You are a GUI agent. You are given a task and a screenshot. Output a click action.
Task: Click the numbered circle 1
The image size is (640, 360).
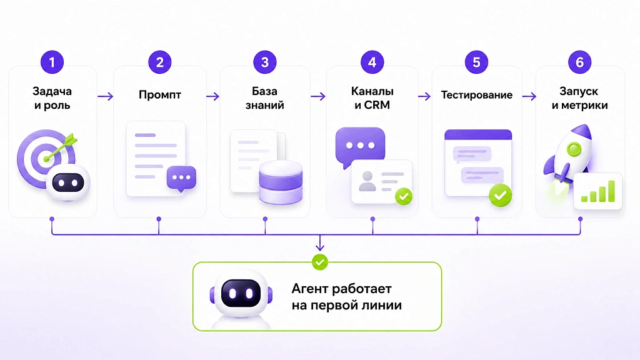click(52, 62)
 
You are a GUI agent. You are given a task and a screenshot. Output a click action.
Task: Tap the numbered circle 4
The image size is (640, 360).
click(372, 62)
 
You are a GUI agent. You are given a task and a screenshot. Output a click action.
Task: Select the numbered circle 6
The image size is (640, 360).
click(579, 62)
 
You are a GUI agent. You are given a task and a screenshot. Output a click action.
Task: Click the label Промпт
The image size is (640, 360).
click(159, 95)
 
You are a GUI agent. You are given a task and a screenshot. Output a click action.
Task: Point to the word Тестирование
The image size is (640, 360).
click(476, 95)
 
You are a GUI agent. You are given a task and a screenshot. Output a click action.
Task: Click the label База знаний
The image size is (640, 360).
click(264, 98)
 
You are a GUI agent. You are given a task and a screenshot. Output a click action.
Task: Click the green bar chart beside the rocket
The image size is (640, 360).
click(598, 191)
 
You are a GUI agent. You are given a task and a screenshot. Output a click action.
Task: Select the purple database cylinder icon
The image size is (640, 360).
click(281, 182)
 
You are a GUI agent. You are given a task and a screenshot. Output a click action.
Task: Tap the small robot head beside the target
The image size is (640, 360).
click(67, 182)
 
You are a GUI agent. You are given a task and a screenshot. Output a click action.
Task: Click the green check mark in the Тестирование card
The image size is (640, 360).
click(501, 195)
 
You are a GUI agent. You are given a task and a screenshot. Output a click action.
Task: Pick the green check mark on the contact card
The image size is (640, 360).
click(404, 196)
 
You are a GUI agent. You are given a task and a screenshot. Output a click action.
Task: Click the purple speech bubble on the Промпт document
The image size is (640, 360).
click(181, 178)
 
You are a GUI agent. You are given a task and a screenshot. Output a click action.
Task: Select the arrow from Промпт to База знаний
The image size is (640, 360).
click(212, 96)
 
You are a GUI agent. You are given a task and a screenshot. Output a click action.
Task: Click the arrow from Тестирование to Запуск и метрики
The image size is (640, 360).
click(529, 96)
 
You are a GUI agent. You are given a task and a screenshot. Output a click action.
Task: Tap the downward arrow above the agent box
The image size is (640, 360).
click(320, 242)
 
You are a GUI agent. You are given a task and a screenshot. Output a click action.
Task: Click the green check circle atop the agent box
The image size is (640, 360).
click(319, 262)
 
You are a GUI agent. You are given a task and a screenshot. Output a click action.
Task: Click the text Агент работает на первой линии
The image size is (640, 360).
click(346, 297)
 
